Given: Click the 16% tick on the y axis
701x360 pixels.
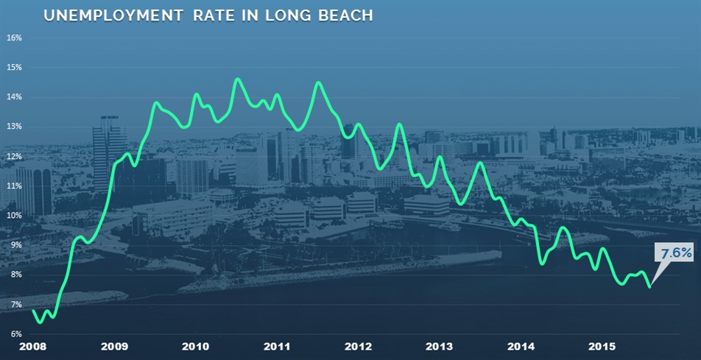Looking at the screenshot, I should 15,38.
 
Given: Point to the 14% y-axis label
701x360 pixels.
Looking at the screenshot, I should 15,97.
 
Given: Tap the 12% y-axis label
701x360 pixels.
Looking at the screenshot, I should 15,156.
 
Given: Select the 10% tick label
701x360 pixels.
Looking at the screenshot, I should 15,216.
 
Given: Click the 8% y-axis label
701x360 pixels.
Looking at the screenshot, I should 15,275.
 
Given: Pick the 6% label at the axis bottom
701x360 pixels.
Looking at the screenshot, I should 15,334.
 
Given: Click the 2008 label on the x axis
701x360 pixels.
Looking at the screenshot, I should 32,346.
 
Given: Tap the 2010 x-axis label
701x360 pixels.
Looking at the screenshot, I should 194,346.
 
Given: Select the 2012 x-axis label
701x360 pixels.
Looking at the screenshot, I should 357,346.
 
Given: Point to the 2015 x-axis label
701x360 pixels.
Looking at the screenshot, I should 602,346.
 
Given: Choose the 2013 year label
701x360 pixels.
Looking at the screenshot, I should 439,346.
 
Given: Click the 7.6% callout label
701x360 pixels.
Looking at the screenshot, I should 676,253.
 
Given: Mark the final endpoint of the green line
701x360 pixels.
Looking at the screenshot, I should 649,286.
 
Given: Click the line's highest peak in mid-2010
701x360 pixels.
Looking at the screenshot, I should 237,79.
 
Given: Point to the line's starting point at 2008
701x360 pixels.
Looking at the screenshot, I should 33,310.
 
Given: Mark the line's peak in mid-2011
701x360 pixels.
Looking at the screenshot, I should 318,82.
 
